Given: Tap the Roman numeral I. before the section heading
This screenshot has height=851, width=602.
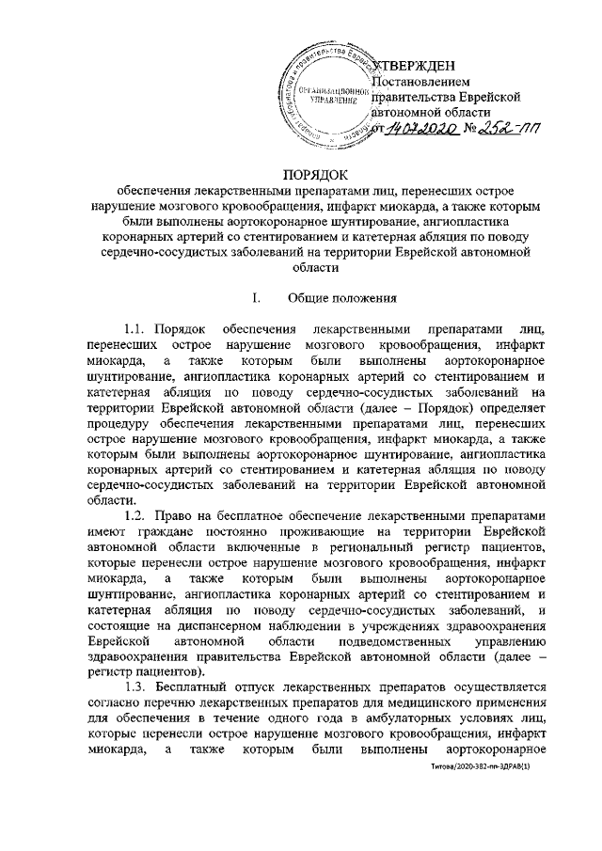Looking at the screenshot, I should (256, 299).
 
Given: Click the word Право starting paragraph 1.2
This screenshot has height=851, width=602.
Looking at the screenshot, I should (184, 515).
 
